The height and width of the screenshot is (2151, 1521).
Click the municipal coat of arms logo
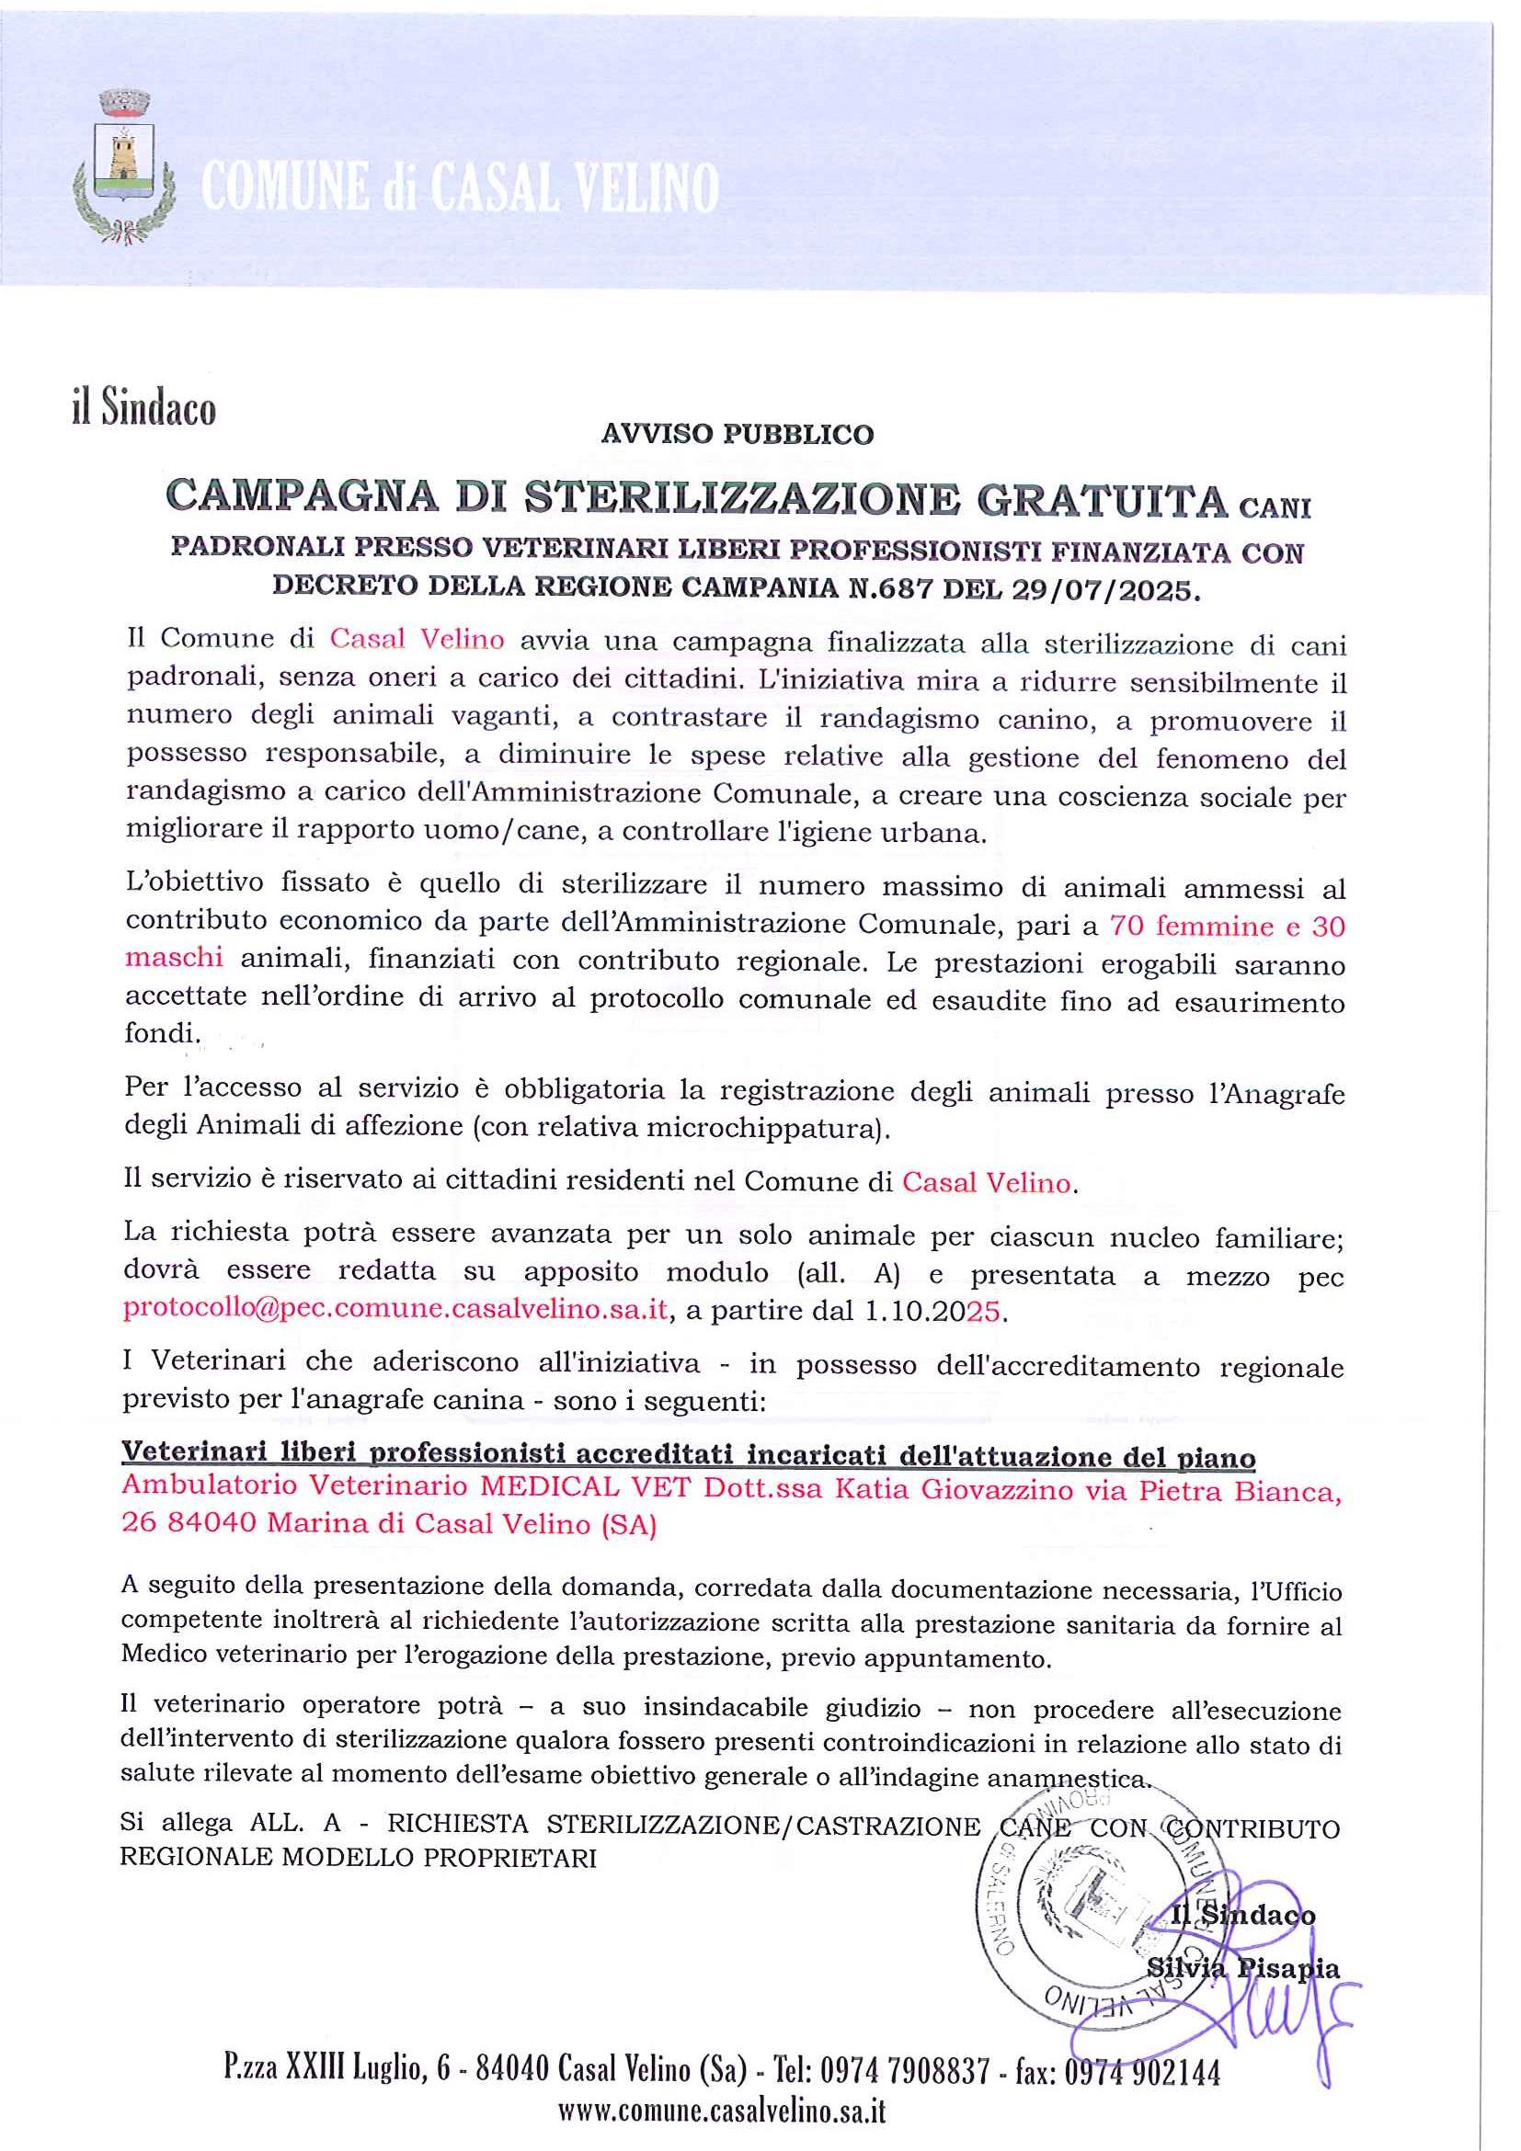click(126, 166)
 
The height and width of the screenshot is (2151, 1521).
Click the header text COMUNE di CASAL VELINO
click(459, 188)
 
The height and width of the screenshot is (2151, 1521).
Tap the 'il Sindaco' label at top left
click(143, 409)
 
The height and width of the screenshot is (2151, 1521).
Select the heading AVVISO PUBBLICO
click(737, 435)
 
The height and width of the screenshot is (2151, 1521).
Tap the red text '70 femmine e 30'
click(1227, 926)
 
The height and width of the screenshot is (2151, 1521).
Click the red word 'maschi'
click(175, 957)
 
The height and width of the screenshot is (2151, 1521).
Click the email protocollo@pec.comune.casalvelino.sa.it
click(395, 1309)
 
